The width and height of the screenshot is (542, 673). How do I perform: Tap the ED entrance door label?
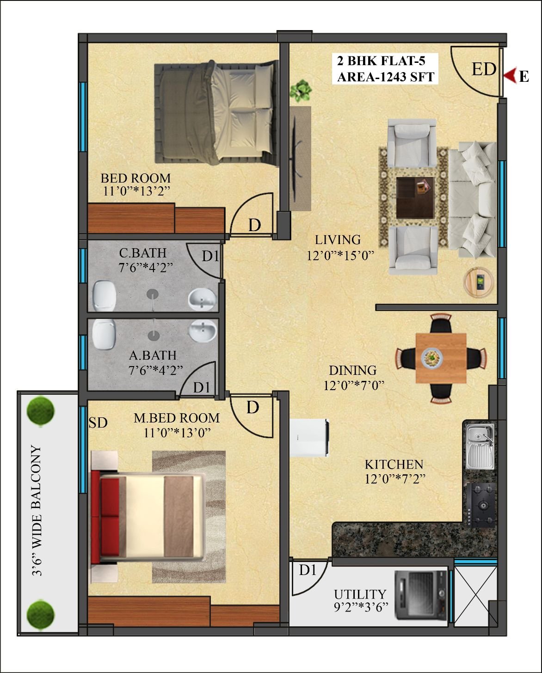point(484,69)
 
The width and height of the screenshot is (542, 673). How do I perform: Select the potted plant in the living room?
point(301,91)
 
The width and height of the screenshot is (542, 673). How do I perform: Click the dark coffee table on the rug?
point(415,197)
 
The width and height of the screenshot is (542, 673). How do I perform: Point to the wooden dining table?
point(441,358)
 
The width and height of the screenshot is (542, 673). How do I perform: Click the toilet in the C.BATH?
point(104,295)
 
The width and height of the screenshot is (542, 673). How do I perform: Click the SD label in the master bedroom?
point(98,423)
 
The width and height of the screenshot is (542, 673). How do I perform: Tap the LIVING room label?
point(338,240)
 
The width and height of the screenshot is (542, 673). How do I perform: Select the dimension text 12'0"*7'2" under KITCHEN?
point(395,479)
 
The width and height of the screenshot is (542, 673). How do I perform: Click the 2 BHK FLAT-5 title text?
point(381,61)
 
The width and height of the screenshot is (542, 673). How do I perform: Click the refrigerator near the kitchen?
point(309,438)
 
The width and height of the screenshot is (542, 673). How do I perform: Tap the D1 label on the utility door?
point(308,570)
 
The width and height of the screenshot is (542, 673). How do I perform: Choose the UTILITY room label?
point(360,594)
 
